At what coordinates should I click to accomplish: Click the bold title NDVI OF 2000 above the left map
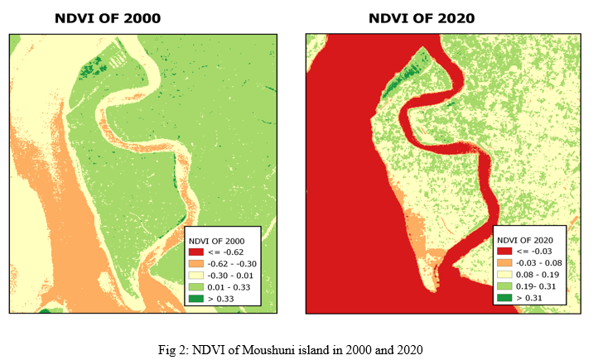[108, 17]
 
